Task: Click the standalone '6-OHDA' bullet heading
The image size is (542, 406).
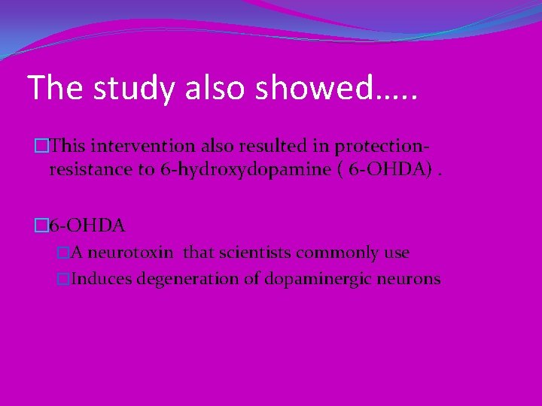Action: [x=87, y=224]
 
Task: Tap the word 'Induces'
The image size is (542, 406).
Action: [x=99, y=279]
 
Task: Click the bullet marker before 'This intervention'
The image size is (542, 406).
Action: [x=41, y=144]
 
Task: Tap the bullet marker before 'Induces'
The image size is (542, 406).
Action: [x=64, y=279]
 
